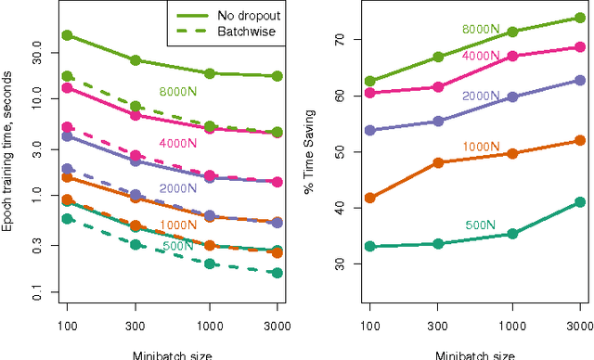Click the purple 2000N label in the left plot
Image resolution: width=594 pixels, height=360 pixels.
click(176, 187)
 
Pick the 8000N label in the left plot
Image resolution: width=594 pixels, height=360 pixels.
click(176, 92)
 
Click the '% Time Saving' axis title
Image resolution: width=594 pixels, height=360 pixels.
click(309, 154)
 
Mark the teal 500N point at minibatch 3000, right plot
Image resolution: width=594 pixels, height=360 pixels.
click(580, 202)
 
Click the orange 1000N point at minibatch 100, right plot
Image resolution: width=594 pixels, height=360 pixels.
click(370, 198)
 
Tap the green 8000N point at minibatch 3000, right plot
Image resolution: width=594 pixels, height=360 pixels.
click(580, 18)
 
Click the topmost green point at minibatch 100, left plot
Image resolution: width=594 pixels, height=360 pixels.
click(67, 35)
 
